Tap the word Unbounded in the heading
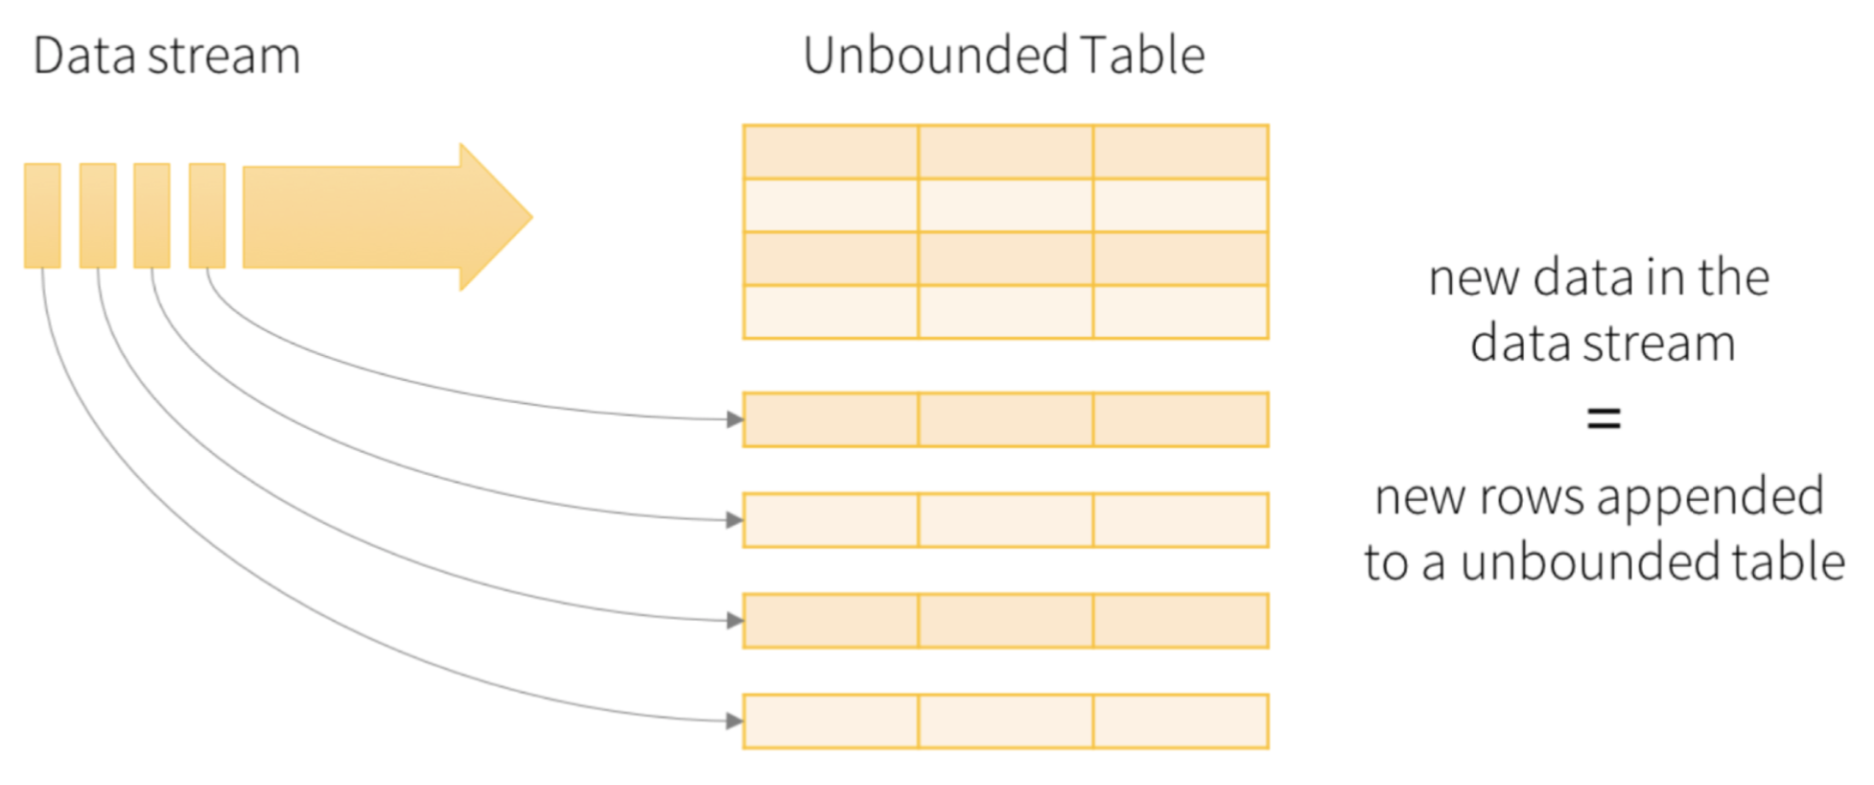[936, 55]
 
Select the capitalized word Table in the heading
[1142, 55]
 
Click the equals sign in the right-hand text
[1604, 418]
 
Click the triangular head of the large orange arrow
[496, 217]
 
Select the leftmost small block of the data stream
[42, 215]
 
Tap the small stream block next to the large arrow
[207, 215]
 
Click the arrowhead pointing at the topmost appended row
[735, 419]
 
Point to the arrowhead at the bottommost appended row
[735, 721]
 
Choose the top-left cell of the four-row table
[831, 152]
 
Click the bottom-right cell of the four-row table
[1181, 312]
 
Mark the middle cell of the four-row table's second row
[1006, 205]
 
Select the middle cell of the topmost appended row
[1006, 419]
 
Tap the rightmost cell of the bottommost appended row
[1181, 721]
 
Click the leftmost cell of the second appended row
[831, 520]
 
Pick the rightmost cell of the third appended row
[1181, 621]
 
